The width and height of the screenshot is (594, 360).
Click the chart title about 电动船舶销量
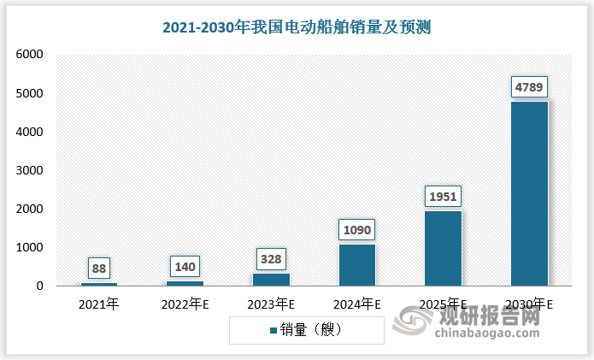pyautogui.click(x=297, y=27)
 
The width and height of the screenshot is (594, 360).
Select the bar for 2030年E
pyautogui.click(x=529, y=193)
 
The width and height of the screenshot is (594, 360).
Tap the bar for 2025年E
pyautogui.click(x=443, y=248)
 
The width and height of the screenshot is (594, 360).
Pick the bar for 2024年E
pyautogui.click(x=356, y=265)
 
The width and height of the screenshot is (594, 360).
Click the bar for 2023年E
pyautogui.click(x=271, y=280)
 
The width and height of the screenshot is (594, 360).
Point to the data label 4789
pyautogui.click(x=529, y=86)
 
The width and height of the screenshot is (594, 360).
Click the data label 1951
pyautogui.click(x=443, y=196)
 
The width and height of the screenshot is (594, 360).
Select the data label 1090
pyautogui.click(x=356, y=229)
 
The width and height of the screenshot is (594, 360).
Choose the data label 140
pyautogui.click(x=185, y=266)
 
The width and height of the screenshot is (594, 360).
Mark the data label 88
pyautogui.click(x=99, y=268)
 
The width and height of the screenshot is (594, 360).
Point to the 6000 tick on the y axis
pyautogui.click(x=29, y=55)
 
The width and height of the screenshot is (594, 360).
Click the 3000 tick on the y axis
pyautogui.click(x=29, y=170)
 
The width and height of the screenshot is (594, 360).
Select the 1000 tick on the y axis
pyautogui.click(x=29, y=248)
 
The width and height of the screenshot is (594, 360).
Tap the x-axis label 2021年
pyautogui.click(x=99, y=304)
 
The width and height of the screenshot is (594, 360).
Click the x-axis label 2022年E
pyautogui.click(x=185, y=304)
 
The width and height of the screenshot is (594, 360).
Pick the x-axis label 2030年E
pyautogui.click(x=529, y=304)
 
